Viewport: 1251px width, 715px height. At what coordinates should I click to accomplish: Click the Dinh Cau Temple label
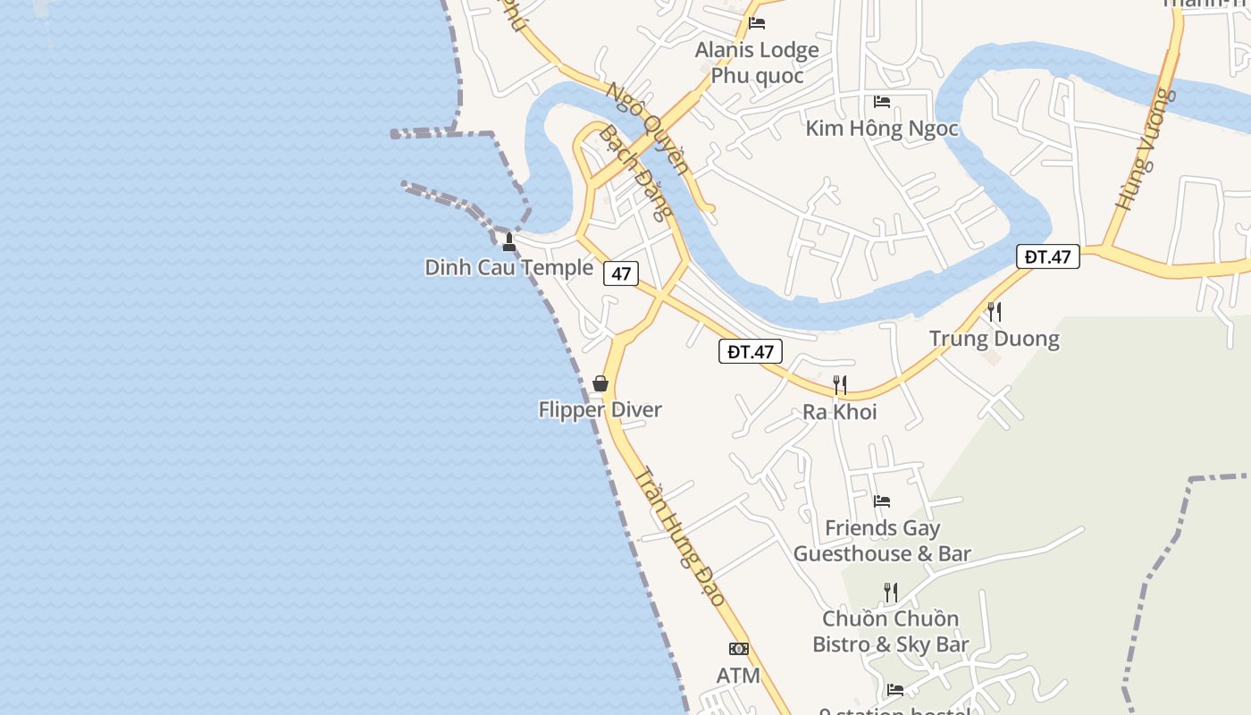point(508,267)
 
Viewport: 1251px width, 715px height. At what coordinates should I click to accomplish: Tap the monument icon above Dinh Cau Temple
point(509,241)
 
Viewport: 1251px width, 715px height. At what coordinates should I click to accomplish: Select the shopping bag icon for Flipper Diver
point(600,383)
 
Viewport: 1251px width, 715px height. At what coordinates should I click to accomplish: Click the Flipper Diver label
point(600,410)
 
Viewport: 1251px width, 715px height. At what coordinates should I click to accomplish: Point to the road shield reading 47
point(621,273)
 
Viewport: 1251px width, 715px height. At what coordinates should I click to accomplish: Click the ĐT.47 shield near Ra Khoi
point(751,351)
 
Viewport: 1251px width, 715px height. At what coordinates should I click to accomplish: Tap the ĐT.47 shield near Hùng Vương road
point(1047,257)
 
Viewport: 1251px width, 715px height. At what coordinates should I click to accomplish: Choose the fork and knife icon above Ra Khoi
point(840,385)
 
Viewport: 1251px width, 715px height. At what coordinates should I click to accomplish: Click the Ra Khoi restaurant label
point(839,412)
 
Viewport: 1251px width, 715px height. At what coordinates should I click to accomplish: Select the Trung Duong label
point(994,339)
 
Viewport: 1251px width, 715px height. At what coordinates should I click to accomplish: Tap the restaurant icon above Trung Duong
point(994,312)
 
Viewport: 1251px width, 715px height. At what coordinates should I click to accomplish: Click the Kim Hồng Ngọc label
point(881,129)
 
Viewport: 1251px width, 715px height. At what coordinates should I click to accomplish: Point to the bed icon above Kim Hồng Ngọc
point(882,102)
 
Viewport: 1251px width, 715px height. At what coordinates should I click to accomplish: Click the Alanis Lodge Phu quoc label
point(757,63)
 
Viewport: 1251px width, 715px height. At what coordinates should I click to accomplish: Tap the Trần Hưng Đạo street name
point(680,537)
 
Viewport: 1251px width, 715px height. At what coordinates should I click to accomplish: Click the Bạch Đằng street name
point(634,172)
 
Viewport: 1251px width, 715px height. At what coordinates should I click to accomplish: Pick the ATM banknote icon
point(739,649)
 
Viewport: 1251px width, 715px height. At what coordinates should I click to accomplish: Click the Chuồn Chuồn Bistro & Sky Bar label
point(890,631)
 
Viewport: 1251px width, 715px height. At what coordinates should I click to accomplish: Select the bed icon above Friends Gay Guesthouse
point(882,501)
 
